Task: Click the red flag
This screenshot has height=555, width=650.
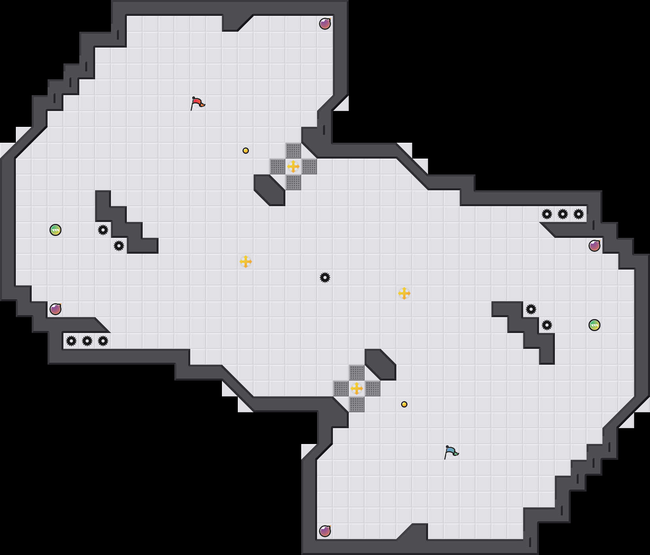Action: pos(197,103)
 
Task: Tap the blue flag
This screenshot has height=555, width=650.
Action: pos(451,452)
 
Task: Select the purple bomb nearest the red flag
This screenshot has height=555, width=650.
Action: pos(325,24)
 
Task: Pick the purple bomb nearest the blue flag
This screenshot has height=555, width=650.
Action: pos(325,531)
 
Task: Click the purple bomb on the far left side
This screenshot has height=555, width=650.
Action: pos(55,309)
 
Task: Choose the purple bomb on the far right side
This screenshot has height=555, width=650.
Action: pos(595,246)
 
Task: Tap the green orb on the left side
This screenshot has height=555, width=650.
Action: pos(55,230)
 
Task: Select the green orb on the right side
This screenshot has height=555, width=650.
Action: pos(595,325)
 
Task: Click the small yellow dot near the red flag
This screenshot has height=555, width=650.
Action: pos(246,151)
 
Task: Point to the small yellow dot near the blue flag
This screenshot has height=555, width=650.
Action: pos(404,404)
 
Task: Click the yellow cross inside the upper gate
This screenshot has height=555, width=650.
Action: pos(293,166)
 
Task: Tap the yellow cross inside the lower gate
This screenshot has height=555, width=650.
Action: pos(357,388)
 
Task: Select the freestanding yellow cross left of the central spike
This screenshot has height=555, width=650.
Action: pos(246,262)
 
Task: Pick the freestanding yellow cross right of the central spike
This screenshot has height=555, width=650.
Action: pos(404,293)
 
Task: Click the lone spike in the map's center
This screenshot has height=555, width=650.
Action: pos(325,277)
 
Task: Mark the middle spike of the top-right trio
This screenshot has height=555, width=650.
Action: pos(563,214)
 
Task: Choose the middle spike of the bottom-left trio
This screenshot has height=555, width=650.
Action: pos(87,341)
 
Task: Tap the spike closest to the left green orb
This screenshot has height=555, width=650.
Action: pos(103,230)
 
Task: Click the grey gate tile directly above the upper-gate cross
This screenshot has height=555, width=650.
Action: pos(293,151)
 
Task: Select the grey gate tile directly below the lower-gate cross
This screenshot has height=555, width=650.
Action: pos(357,404)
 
